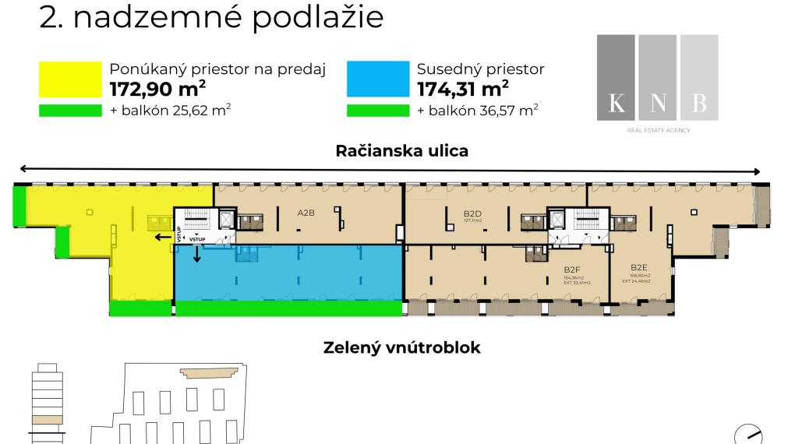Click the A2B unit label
pos(306,212)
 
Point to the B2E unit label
pos(639,267)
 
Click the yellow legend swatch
pos(70,79)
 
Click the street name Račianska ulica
pos(402,151)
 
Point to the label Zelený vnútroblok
pos(401,347)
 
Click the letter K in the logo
pos(616,104)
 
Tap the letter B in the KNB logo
pos(698,104)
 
